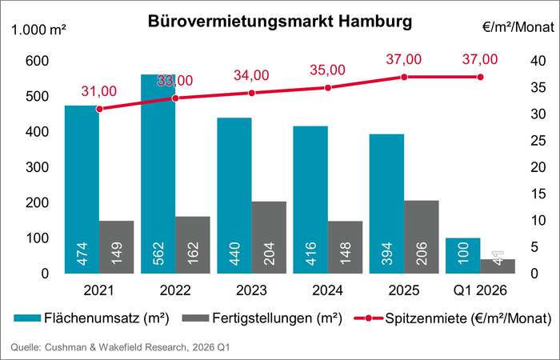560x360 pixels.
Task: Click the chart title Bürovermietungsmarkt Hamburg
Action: [280, 22]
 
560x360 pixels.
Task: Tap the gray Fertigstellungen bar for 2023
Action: [269, 237]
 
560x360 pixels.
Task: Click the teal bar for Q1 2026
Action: [463, 255]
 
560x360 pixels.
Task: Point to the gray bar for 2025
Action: [421, 236]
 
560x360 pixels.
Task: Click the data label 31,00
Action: [98, 91]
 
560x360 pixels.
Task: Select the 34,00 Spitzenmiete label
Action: [251, 75]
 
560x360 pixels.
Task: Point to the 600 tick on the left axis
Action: [37, 62]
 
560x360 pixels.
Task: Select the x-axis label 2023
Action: [252, 289]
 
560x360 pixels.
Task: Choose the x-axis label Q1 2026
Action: [480, 289]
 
